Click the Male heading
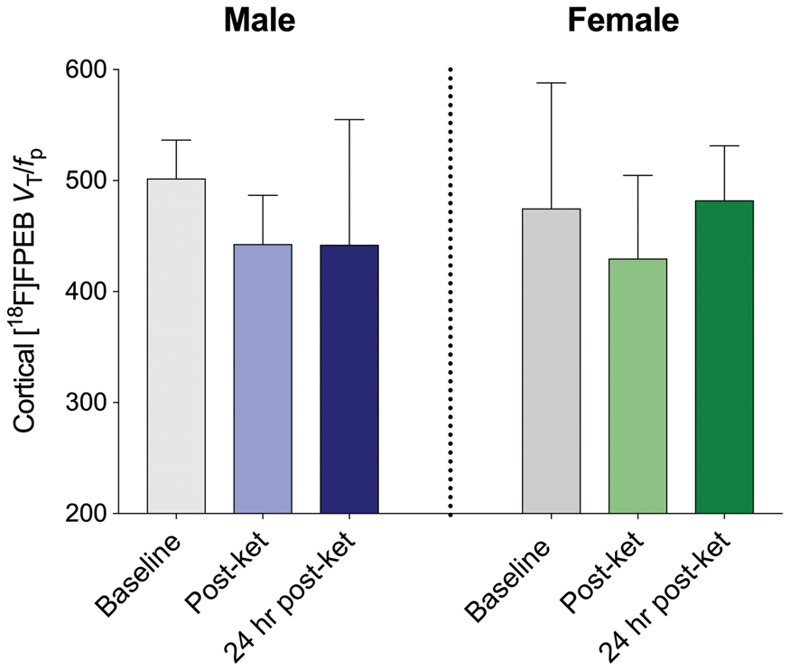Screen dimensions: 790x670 coord(259,21)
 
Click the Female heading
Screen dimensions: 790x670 coord(623,21)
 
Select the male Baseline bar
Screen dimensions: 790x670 coord(176,346)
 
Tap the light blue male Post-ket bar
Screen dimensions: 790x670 coord(263,379)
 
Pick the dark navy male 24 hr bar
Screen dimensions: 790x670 coord(349,379)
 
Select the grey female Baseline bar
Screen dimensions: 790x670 coord(551,360)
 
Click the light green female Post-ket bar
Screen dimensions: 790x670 coord(637,386)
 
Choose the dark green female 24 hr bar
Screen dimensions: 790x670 coord(724,357)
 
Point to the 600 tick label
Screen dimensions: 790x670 coord(87,70)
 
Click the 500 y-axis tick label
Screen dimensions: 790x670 coord(87,181)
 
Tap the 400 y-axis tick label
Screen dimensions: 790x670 coord(87,291)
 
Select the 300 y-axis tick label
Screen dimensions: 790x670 coord(87,402)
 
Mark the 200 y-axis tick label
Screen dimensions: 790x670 coord(87,513)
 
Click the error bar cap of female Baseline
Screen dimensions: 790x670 coord(551,82)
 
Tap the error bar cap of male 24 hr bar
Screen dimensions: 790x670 coord(349,119)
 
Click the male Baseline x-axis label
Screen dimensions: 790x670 coord(138,574)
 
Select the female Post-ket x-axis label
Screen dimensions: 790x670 coord(602,572)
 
